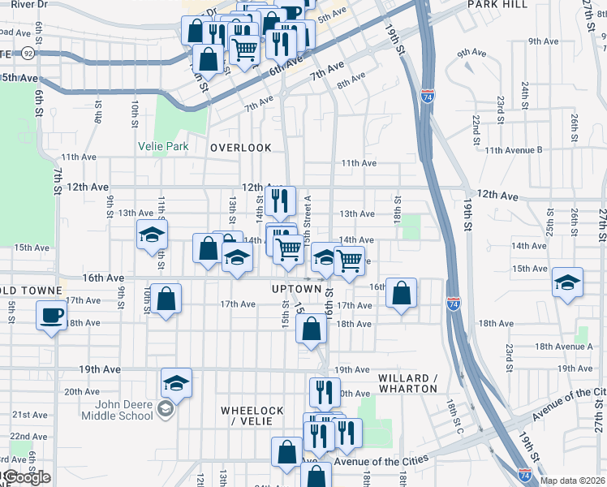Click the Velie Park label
click(x=163, y=147)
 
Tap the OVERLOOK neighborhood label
click(x=240, y=148)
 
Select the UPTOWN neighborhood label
click(x=296, y=289)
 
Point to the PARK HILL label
click(x=497, y=4)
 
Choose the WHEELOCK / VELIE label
click(x=252, y=416)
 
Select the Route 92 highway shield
click(x=28, y=53)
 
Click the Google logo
click(x=28, y=477)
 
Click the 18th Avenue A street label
click(x=564, y=347)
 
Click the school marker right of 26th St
click(x=566, y=282)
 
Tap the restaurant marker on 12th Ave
click(x=278, y=199)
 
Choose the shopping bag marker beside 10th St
click(x=166, y=299)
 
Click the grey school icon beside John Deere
click(x=166, y=410)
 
